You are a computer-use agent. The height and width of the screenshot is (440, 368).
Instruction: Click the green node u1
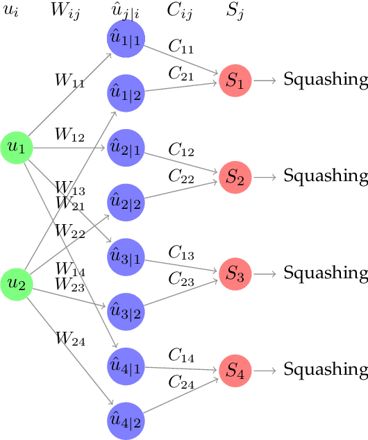pos(17,147)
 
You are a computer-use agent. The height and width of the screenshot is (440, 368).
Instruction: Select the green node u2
pos(17,282)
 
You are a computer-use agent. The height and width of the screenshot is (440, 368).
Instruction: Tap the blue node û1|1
pos(126,39)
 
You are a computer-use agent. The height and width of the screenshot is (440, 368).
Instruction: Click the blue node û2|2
pos(126,202)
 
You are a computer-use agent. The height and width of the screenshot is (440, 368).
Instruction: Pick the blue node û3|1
pos(126,256)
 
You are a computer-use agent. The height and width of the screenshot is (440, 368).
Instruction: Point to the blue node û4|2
pos(126,419)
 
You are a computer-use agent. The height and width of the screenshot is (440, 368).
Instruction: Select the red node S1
pos(236,81)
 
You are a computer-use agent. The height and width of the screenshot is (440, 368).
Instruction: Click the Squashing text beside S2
pos(325,176)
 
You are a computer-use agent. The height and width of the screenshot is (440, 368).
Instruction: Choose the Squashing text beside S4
pos(325,367)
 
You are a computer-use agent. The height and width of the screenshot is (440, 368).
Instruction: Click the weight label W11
pos(70,79)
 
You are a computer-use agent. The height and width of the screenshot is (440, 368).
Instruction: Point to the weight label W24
pos(70,339)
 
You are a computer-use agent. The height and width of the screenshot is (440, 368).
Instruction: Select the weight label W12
pos(70,135)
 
